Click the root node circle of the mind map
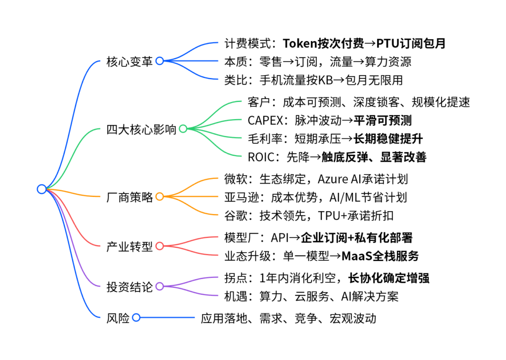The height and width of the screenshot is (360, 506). point(42,188)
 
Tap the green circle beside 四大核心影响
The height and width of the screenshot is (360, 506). point(183,129)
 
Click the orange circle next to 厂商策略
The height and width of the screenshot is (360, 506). point(160,196)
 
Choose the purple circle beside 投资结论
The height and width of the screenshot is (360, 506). point(160,286)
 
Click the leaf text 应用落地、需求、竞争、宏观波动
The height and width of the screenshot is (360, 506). point(289,318)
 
